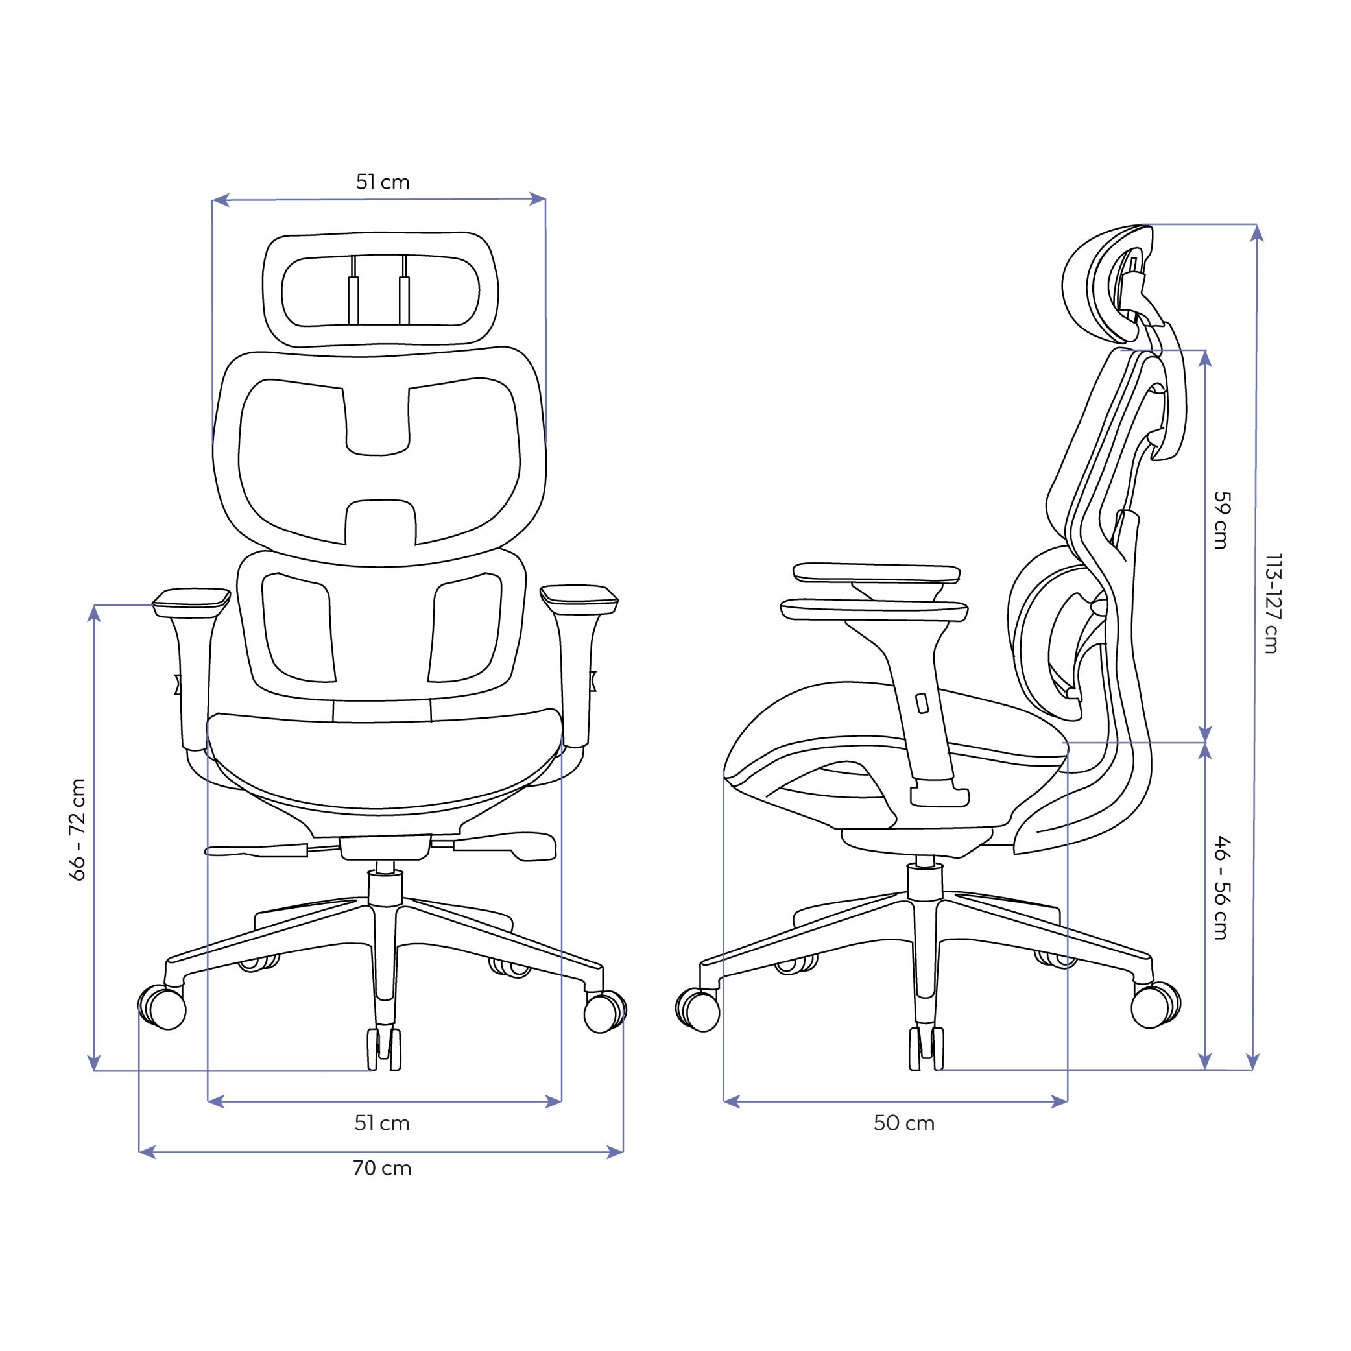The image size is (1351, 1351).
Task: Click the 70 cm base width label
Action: (x=382, y=1169)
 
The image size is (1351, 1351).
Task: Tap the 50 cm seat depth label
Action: (x=903, y=1124)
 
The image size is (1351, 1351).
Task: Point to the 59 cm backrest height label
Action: (x=1220, y=520)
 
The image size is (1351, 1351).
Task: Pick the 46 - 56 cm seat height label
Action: (x=1220, y=887)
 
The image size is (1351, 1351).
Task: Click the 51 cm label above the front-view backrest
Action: (x=383, y=182)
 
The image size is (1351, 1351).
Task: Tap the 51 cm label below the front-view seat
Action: (x=382, y=1124)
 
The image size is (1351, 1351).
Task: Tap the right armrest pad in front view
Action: (x=579, y=597)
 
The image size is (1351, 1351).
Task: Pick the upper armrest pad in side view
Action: (x=876, y=573)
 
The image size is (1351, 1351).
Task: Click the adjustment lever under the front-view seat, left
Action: (x=259, y=850)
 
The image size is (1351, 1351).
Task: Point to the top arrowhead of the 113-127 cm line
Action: (x=1256, y=233)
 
